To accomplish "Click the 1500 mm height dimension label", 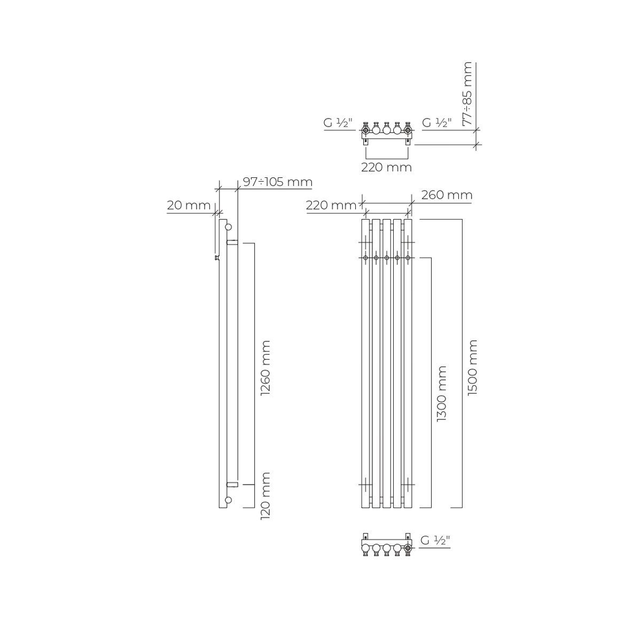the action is pyautogui.click(x=472, y=368).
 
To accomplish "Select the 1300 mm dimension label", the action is pyautogui.click(x=441, y=394).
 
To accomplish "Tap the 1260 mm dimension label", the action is pyautogui.click(x=265, y=368).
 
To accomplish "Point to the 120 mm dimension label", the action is pyautogui.click(x=265, y=495).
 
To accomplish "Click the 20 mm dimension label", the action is pyautogui.click(x=189, y=205).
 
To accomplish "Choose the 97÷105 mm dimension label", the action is pyautogui.click(x=278, y=182).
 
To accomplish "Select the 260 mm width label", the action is pyautogui.click(x=447, y=195).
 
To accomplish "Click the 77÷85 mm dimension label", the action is pyautogui.click(x=467, y=93).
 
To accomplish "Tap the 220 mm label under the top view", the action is pyautogui.click(x=387, y=167).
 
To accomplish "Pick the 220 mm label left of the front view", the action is pyautogui.click(x=331, y=205).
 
